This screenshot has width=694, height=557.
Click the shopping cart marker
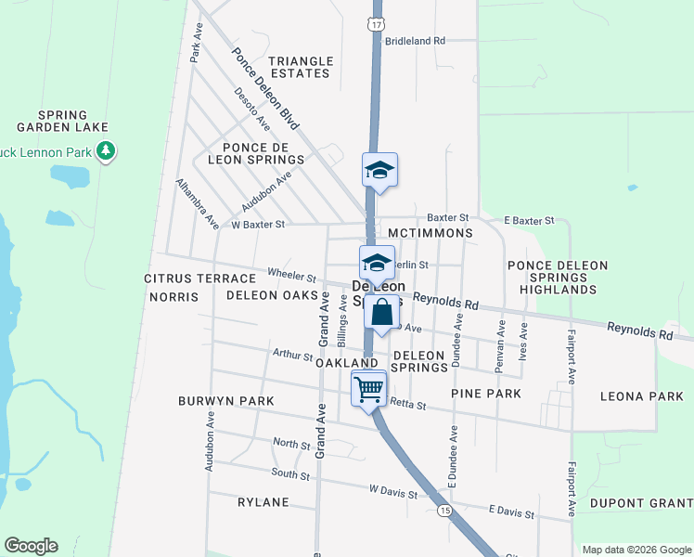pyautogui.click(x=368, y=388)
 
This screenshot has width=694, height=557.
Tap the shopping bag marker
pyautogui.click(x=381, y=313)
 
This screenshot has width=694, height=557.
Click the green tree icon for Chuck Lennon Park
pyautogui.click(x=106, y=150)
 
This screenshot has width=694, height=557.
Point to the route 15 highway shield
pyautogui.click(x=445, y=512)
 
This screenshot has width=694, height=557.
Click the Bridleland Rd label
pyautogui.click(x=415, y=41)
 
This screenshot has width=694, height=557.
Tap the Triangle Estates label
pyautogui.click(x=300, y=67)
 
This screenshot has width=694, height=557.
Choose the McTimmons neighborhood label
pyautogui.click(x=431, y=233)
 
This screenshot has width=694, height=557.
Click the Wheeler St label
pyautogui.click(x=292, y=275)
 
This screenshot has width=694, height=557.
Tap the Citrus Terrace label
pyautogui.click(x=199, y=278)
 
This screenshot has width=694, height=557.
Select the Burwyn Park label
pyautogui.click(x=226, y=401)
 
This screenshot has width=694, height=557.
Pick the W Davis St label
pyautogui.click(x=392, y=489)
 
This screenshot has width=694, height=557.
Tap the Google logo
pyautogui.click(x=31, y=546)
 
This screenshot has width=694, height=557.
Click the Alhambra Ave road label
pyautogui.click(x=198, y=204)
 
